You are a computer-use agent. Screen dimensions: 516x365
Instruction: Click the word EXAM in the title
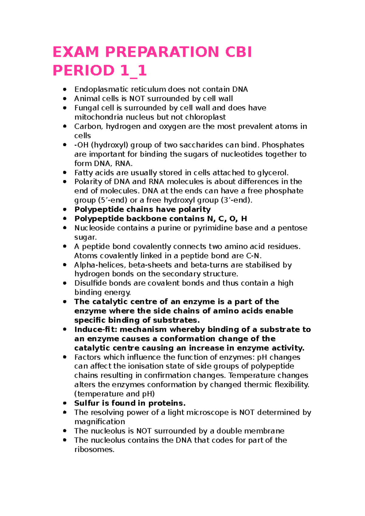tap(76, 52)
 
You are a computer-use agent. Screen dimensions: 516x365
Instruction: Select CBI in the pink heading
tap(238, 52)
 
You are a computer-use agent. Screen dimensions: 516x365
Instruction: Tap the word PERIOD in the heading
tap(83, 71)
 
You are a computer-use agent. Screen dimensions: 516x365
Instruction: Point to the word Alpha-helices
tap(100, 265)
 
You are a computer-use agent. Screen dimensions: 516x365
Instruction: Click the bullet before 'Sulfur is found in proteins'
tap(64, 403)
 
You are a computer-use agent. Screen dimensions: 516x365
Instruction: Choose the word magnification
tap(100, 422)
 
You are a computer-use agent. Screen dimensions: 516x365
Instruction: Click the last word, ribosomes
tap(94, 449)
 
